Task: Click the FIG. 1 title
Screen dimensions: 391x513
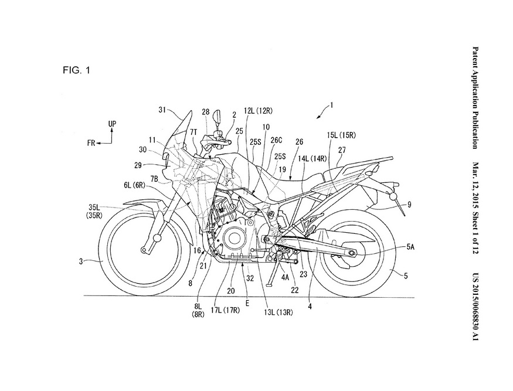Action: click(76, 71)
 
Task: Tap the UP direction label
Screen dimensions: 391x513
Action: click(113, 124)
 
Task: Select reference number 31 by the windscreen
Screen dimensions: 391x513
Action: click(162, 109)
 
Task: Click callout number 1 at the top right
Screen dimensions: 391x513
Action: click(331, 106)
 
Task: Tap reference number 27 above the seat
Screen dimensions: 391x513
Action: click(342, 149)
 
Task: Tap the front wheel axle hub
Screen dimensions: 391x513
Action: click(158, 239)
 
